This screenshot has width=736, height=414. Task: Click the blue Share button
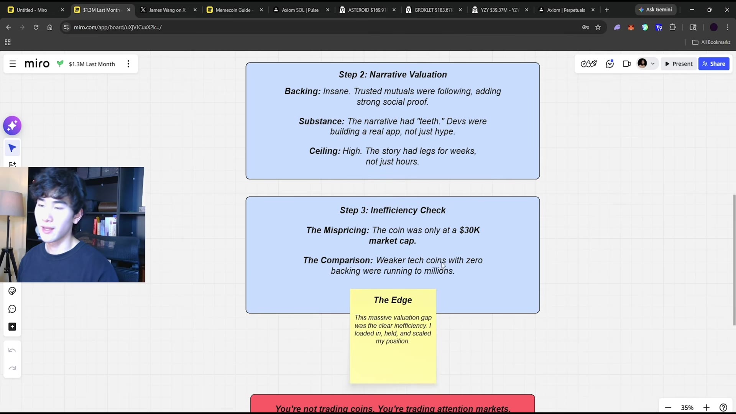714,64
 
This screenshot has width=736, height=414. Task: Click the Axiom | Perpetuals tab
566,10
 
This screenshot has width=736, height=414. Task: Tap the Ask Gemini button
655,10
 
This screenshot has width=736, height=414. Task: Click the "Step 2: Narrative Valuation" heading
393,75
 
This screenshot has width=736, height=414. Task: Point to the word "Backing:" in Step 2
302,91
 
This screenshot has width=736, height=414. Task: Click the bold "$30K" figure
470,230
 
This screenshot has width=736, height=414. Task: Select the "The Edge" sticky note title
393,300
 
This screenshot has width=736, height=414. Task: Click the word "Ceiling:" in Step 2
325,151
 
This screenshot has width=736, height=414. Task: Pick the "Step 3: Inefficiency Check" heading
393,210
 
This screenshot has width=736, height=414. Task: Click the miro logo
37,64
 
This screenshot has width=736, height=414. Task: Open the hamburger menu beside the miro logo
13,64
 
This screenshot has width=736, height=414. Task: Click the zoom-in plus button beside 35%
706,407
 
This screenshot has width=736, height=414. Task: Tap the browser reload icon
36,27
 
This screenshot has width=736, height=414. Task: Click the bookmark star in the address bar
598,27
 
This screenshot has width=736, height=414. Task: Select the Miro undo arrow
12,350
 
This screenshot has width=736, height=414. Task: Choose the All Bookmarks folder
711,42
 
